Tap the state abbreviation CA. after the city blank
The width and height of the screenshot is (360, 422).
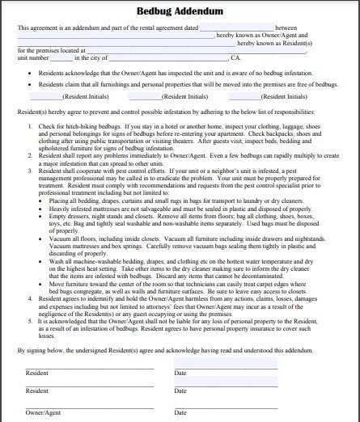(235, 58)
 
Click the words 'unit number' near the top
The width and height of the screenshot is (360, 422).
(32, 58)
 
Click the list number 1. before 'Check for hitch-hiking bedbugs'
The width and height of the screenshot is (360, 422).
(31, 128)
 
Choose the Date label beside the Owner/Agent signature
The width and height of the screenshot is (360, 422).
(180, 412)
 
